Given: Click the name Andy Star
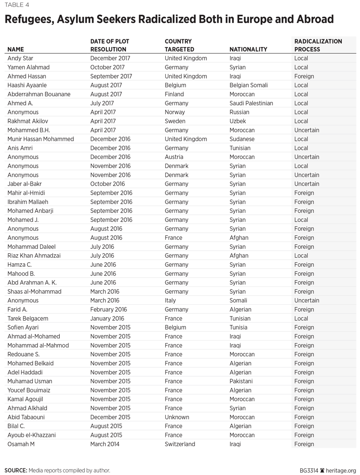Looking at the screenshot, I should (x=21, y=58).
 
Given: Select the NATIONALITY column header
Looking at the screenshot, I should (x=248, y=49).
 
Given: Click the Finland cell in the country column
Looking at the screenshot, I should (x=175, y=94).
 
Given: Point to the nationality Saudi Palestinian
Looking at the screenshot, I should (x=251, y=103).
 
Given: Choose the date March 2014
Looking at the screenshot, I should (x=105, y=444).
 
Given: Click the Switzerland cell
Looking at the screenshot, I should (x=180, y=444).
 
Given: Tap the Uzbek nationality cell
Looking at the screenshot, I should (x=238, y=121).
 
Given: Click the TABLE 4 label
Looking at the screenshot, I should (x=17, y=5).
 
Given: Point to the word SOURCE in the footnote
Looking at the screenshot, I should (x=16, y=470).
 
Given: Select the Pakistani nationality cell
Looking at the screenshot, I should (x=241, y=381).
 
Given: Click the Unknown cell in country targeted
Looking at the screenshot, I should (x=177, y=417).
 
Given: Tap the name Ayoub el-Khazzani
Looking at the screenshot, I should (x=31, y=435).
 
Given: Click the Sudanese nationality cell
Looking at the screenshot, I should (x=242, y=139).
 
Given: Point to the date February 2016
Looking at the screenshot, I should (x=109, y=310).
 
